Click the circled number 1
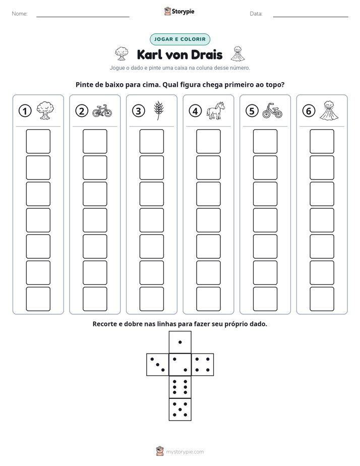[25, 111]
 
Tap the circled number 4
[195, 111]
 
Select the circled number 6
[309, 111]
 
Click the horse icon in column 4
[216, 111]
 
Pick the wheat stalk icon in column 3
[159, 111]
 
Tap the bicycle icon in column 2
[102, 111]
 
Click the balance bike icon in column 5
[272, 111]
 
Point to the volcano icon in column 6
[329, 110]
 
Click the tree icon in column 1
[45, 110]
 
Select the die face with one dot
[180, 342]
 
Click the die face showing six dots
[180, 387]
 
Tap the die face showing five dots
[180, 410]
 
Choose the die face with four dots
[203, 365]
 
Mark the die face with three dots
[157, 365]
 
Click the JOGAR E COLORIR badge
[180, 39]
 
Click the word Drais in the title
[206, 55]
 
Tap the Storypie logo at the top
[179, 11]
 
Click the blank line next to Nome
[83, 17]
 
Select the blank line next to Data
[311, 17]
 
